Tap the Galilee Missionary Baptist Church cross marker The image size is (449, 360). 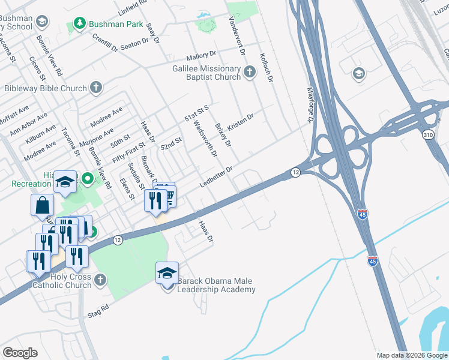coord(250,73)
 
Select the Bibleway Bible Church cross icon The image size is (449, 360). coord(95,88)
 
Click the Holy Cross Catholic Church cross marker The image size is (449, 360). coord(100,280)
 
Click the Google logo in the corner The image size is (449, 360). coord(20,352)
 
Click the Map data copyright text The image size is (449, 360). coord(412,355)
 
